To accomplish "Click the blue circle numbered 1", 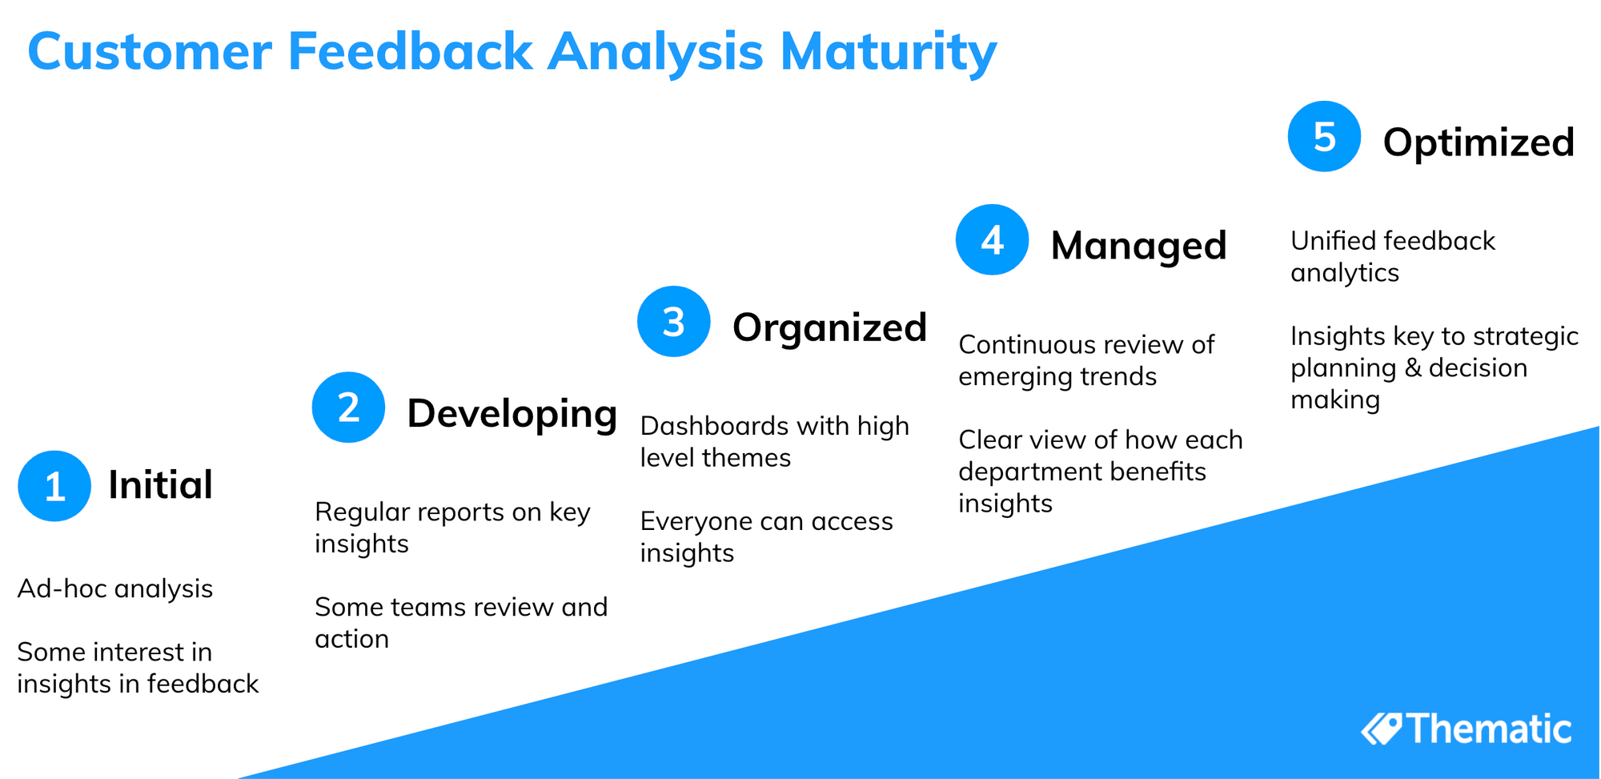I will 54,486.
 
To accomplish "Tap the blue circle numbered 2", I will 348,408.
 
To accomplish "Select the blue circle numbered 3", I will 673,321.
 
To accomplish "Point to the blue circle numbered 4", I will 992,239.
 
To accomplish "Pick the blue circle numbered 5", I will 1324,136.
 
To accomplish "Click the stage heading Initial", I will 160,485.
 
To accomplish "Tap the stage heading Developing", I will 512,414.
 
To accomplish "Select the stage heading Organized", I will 829,327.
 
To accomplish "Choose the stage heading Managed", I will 1138,246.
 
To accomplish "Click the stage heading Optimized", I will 1479,143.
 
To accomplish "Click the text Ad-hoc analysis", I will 114,588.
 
